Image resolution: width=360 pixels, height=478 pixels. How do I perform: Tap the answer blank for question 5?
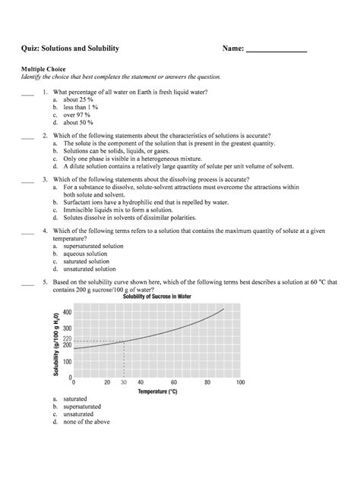click(x=27, y=282)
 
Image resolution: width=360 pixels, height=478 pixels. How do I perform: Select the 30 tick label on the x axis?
click(x=123, y=383)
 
